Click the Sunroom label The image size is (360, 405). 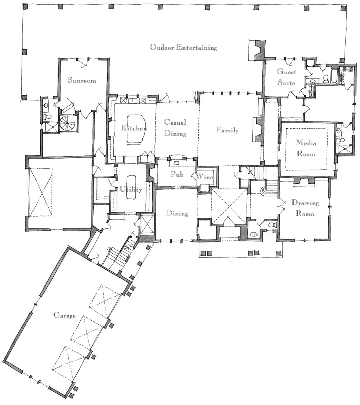tap(82, 80)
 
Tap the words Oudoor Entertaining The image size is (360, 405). tap(184, 47)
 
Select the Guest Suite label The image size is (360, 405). tap(287, 77)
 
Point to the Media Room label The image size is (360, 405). tap(306, 148)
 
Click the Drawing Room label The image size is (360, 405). tap(305, 208)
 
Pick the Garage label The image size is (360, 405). tap(64, 315)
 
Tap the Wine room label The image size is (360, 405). tap(205, 177)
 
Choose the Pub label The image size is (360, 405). tap(177, 174)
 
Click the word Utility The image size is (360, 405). tap(131, 189)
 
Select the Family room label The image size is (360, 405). tap(228, 130)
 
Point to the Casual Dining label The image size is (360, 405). tap(175, 128)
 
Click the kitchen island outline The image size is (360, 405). tap(135, 128)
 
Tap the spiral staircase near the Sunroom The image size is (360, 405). tap(68, 124)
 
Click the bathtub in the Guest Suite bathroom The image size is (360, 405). tap(334, 75)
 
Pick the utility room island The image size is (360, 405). tap(131, 187)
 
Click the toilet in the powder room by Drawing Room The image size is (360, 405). tap(273, 225)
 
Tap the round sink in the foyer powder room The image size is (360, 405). tap(254, 235)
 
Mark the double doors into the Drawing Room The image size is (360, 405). tap(281, 205)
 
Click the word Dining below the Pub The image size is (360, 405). tap(177, 213)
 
